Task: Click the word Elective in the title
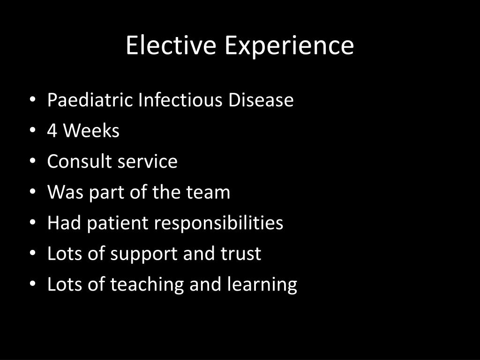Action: (x=172, y=45)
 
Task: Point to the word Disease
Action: (x=261, y=100)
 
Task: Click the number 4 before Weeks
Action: (x=52, y=131)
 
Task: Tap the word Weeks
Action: (x=91, y=131)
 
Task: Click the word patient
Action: (x=118, y=224)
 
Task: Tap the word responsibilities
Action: (x=219, y=224)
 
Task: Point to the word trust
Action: (x=241, y=254)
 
